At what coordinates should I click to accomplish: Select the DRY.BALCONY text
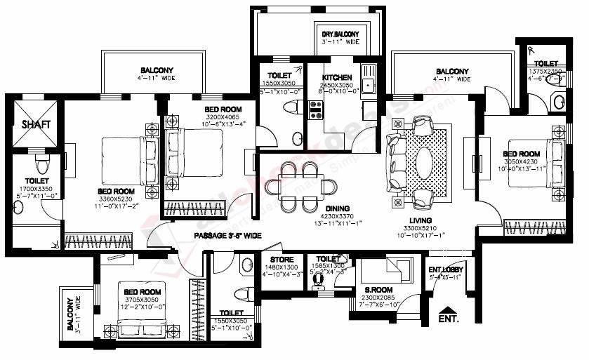(340, 34)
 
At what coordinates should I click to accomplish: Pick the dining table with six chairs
(300, 186)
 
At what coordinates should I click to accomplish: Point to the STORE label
(283, 259)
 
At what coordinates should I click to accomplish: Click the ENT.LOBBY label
(445, 269)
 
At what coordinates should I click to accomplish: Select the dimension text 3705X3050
(142, 299)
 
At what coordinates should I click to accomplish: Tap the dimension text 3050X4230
(520, 161)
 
